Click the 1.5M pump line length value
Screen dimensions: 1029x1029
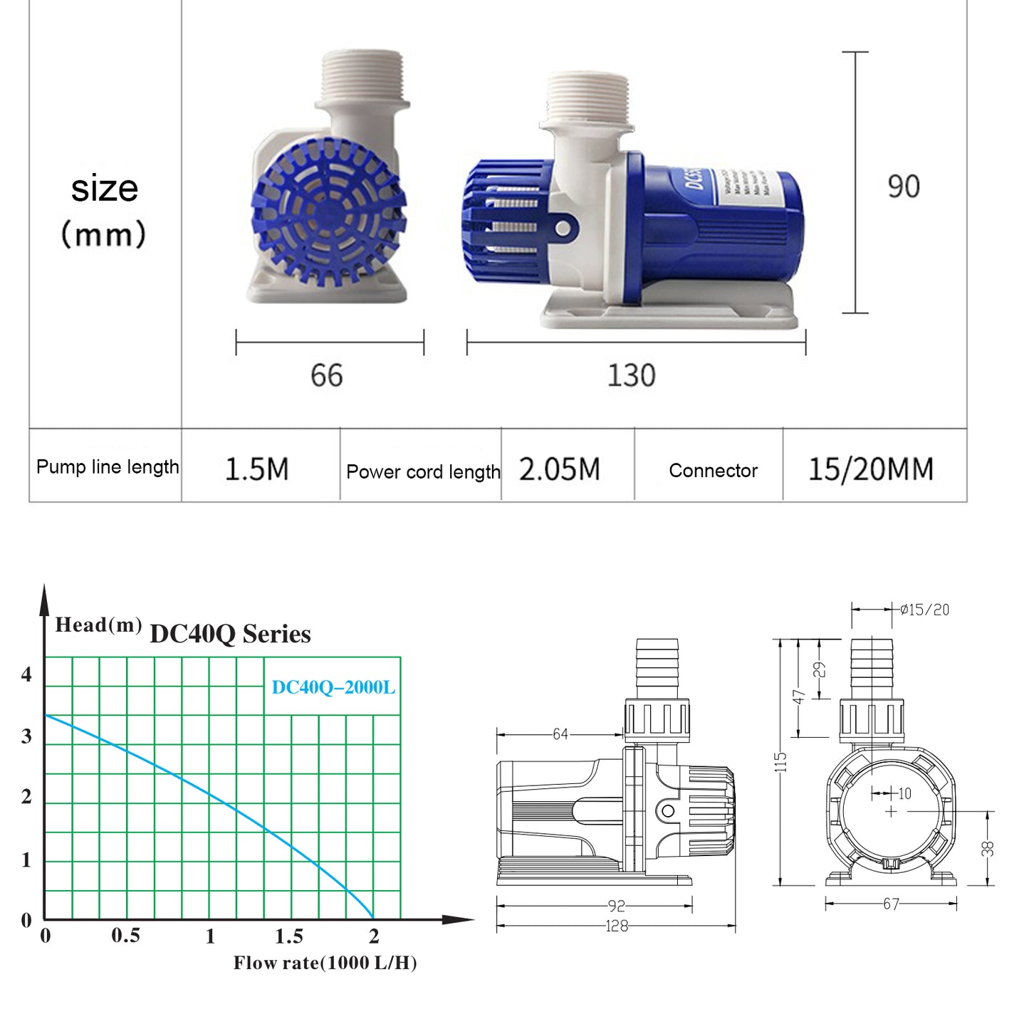pos(256,469)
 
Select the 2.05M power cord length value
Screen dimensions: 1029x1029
pos(559,469)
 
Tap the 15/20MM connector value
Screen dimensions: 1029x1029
pos(870,469)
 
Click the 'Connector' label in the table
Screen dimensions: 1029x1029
pos(713,471)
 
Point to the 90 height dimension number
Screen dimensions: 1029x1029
pos(903,187)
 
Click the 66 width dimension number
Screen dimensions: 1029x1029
pos(326,375)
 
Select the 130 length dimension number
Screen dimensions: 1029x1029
pos(631,375)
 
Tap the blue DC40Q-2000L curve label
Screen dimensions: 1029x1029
pos(333,688)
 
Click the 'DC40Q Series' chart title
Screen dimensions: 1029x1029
pos(230,634)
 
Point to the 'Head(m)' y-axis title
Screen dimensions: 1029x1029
pos(98,625)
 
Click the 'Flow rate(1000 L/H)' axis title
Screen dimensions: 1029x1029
pos(325,963)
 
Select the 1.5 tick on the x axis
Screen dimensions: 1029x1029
pos(289,936)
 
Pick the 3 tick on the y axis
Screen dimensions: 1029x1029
pos(27,736)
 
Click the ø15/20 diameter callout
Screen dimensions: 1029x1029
pos(924,610)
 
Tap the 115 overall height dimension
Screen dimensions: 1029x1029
pos(781,762)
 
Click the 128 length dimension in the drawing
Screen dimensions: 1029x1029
pos(616,926)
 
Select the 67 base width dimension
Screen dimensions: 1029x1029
pos(891,904)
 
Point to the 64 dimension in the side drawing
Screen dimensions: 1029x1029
pos(560,734)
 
